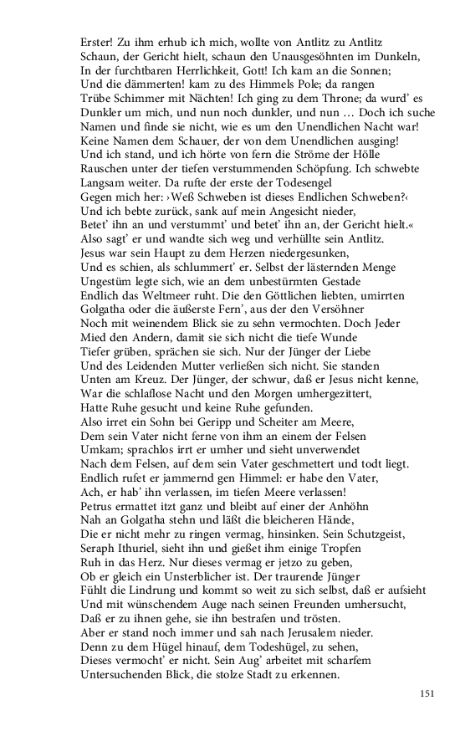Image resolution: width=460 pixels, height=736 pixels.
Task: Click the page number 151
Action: tap(427, 693)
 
